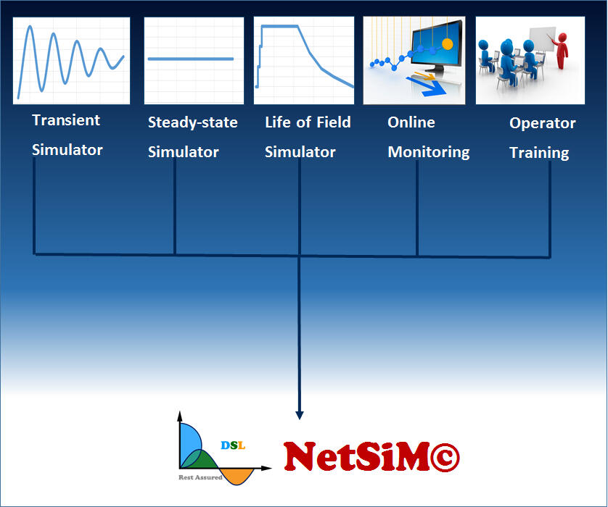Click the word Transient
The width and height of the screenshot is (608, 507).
[x=66, y=120]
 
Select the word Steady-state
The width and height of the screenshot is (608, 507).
[x=192, y=122]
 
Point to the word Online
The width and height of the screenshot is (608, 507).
[x=411, y=122]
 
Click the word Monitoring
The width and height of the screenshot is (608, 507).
[x=428, y=152]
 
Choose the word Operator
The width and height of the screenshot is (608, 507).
[x=542, y=123]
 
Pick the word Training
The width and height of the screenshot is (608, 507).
[x=538, y=153]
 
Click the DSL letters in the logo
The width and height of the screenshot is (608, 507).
[x=233, y=445]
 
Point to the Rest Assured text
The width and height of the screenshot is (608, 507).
[x=200, y=477]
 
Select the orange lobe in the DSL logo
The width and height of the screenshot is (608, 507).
[x=237, y=475]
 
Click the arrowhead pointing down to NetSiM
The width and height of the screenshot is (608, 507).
[x=300, y=415]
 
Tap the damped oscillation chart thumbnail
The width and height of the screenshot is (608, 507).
[x=71, y=60]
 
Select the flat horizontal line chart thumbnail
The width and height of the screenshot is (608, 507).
[x=192, y=60]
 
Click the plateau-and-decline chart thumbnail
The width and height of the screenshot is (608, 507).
[x=304, y=60]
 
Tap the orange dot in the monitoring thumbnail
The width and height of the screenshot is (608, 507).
[x=447, y=44]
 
